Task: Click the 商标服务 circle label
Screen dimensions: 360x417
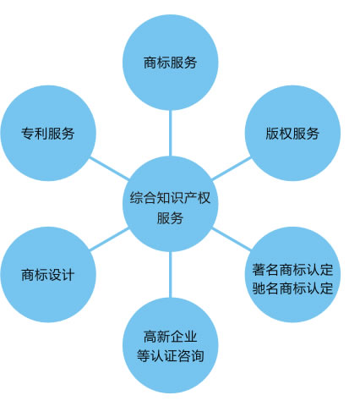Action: pos(170,63)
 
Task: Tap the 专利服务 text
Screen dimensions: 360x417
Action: pos(48,134)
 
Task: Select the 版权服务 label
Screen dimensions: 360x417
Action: pos(292,134)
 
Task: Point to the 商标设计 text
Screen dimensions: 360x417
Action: pos(48,275)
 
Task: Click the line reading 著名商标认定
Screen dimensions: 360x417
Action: pos(292,270)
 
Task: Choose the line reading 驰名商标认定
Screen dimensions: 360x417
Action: pos(292,288)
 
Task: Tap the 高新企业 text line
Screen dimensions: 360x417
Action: pos(170,337)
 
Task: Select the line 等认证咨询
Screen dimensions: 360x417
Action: pos(171,355)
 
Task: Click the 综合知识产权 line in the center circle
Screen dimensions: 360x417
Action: pos(170,198)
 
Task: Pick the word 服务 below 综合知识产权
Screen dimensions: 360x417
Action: pos(170,217)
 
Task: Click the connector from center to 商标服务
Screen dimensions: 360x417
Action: pos(170,133)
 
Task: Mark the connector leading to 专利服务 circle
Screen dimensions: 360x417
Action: pos(109,168)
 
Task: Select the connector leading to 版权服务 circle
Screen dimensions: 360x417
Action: pos(232,168)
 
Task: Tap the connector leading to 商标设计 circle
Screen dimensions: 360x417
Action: pos(109,239)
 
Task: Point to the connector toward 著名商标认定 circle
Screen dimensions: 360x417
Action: pos(232,239)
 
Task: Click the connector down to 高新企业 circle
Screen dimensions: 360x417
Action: pos(170,275)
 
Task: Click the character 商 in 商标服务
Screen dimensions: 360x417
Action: pos(150,63)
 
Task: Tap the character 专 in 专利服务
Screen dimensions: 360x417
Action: pos(28,134)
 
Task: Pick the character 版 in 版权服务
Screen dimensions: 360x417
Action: pos(272,134)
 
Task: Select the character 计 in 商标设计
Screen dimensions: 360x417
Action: pos(68,275)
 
